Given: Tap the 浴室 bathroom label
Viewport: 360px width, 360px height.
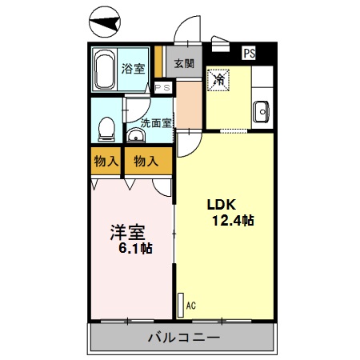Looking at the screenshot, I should tap(133, 69).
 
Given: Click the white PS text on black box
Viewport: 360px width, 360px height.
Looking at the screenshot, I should tap(249, 54).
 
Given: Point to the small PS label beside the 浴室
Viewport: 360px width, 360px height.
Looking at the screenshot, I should tap(163, 88).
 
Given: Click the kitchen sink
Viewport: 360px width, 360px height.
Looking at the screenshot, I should tap(260, 112).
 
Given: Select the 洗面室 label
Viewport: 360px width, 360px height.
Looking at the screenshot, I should tap(155, 122).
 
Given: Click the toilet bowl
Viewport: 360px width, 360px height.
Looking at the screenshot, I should tap(106, 128).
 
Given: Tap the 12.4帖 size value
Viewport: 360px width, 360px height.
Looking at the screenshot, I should tap(233, 220).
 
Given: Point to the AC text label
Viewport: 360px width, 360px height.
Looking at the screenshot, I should tap(190, 305).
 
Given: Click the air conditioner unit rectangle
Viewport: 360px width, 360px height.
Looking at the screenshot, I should tap(179, 305).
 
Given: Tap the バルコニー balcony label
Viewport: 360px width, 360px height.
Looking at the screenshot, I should tap(183, 338).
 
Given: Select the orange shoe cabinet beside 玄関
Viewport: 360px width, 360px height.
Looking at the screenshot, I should tap(159, 64).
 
